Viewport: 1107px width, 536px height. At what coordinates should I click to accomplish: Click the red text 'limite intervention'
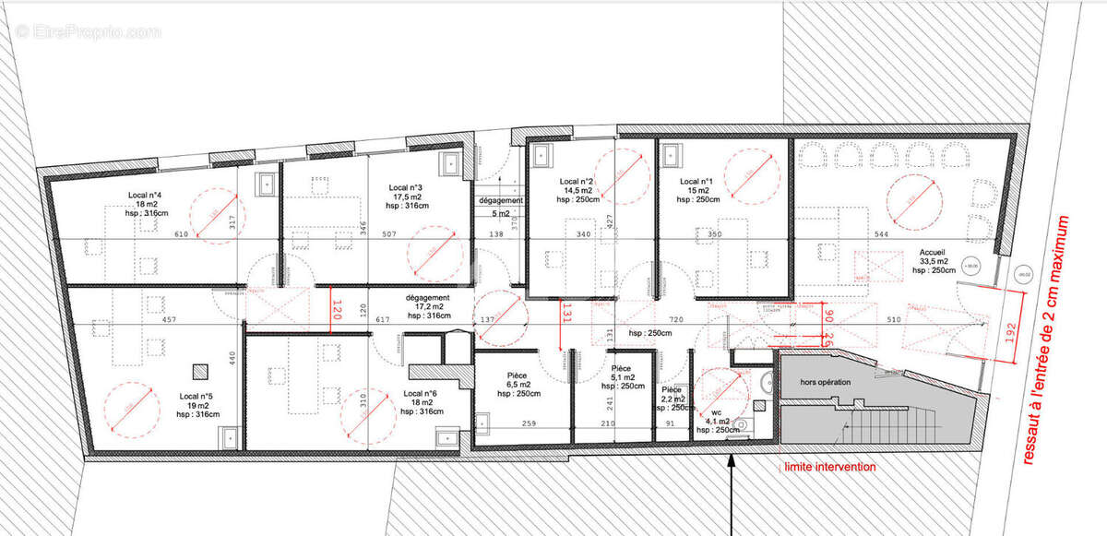pos(829,468)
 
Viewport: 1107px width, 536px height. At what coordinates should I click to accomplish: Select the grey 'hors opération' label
pos(826,381)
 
